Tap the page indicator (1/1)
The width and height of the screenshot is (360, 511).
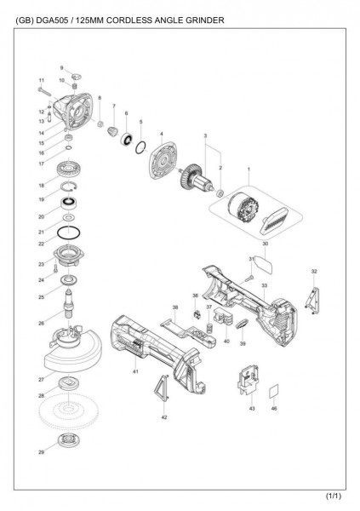333,496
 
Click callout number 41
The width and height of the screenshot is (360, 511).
135,373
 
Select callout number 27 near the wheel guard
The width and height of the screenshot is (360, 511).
40,378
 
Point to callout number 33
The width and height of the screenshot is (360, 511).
265,285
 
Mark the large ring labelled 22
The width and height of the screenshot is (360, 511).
69,232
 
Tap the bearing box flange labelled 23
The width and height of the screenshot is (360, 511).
70,255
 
